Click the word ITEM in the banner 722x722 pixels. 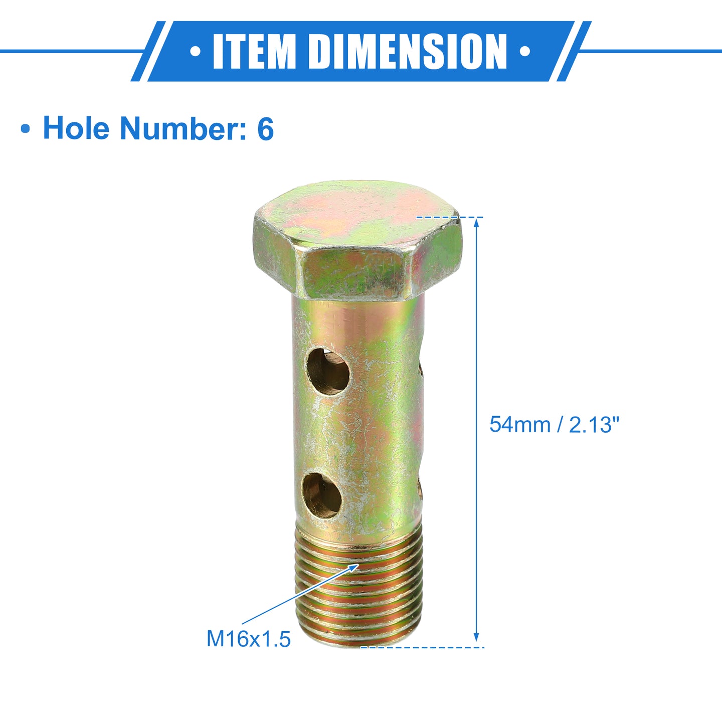[x=254, y=51]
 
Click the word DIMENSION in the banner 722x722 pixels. [x=408, y=51]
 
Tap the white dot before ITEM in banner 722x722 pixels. [x=195, y=51]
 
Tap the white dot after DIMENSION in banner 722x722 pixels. [x=525, y=51]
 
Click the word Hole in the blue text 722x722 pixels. [x=76, y=128]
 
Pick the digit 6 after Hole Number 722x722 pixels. [x=265, y=128]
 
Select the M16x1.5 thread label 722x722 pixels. [x=248, y=639]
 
